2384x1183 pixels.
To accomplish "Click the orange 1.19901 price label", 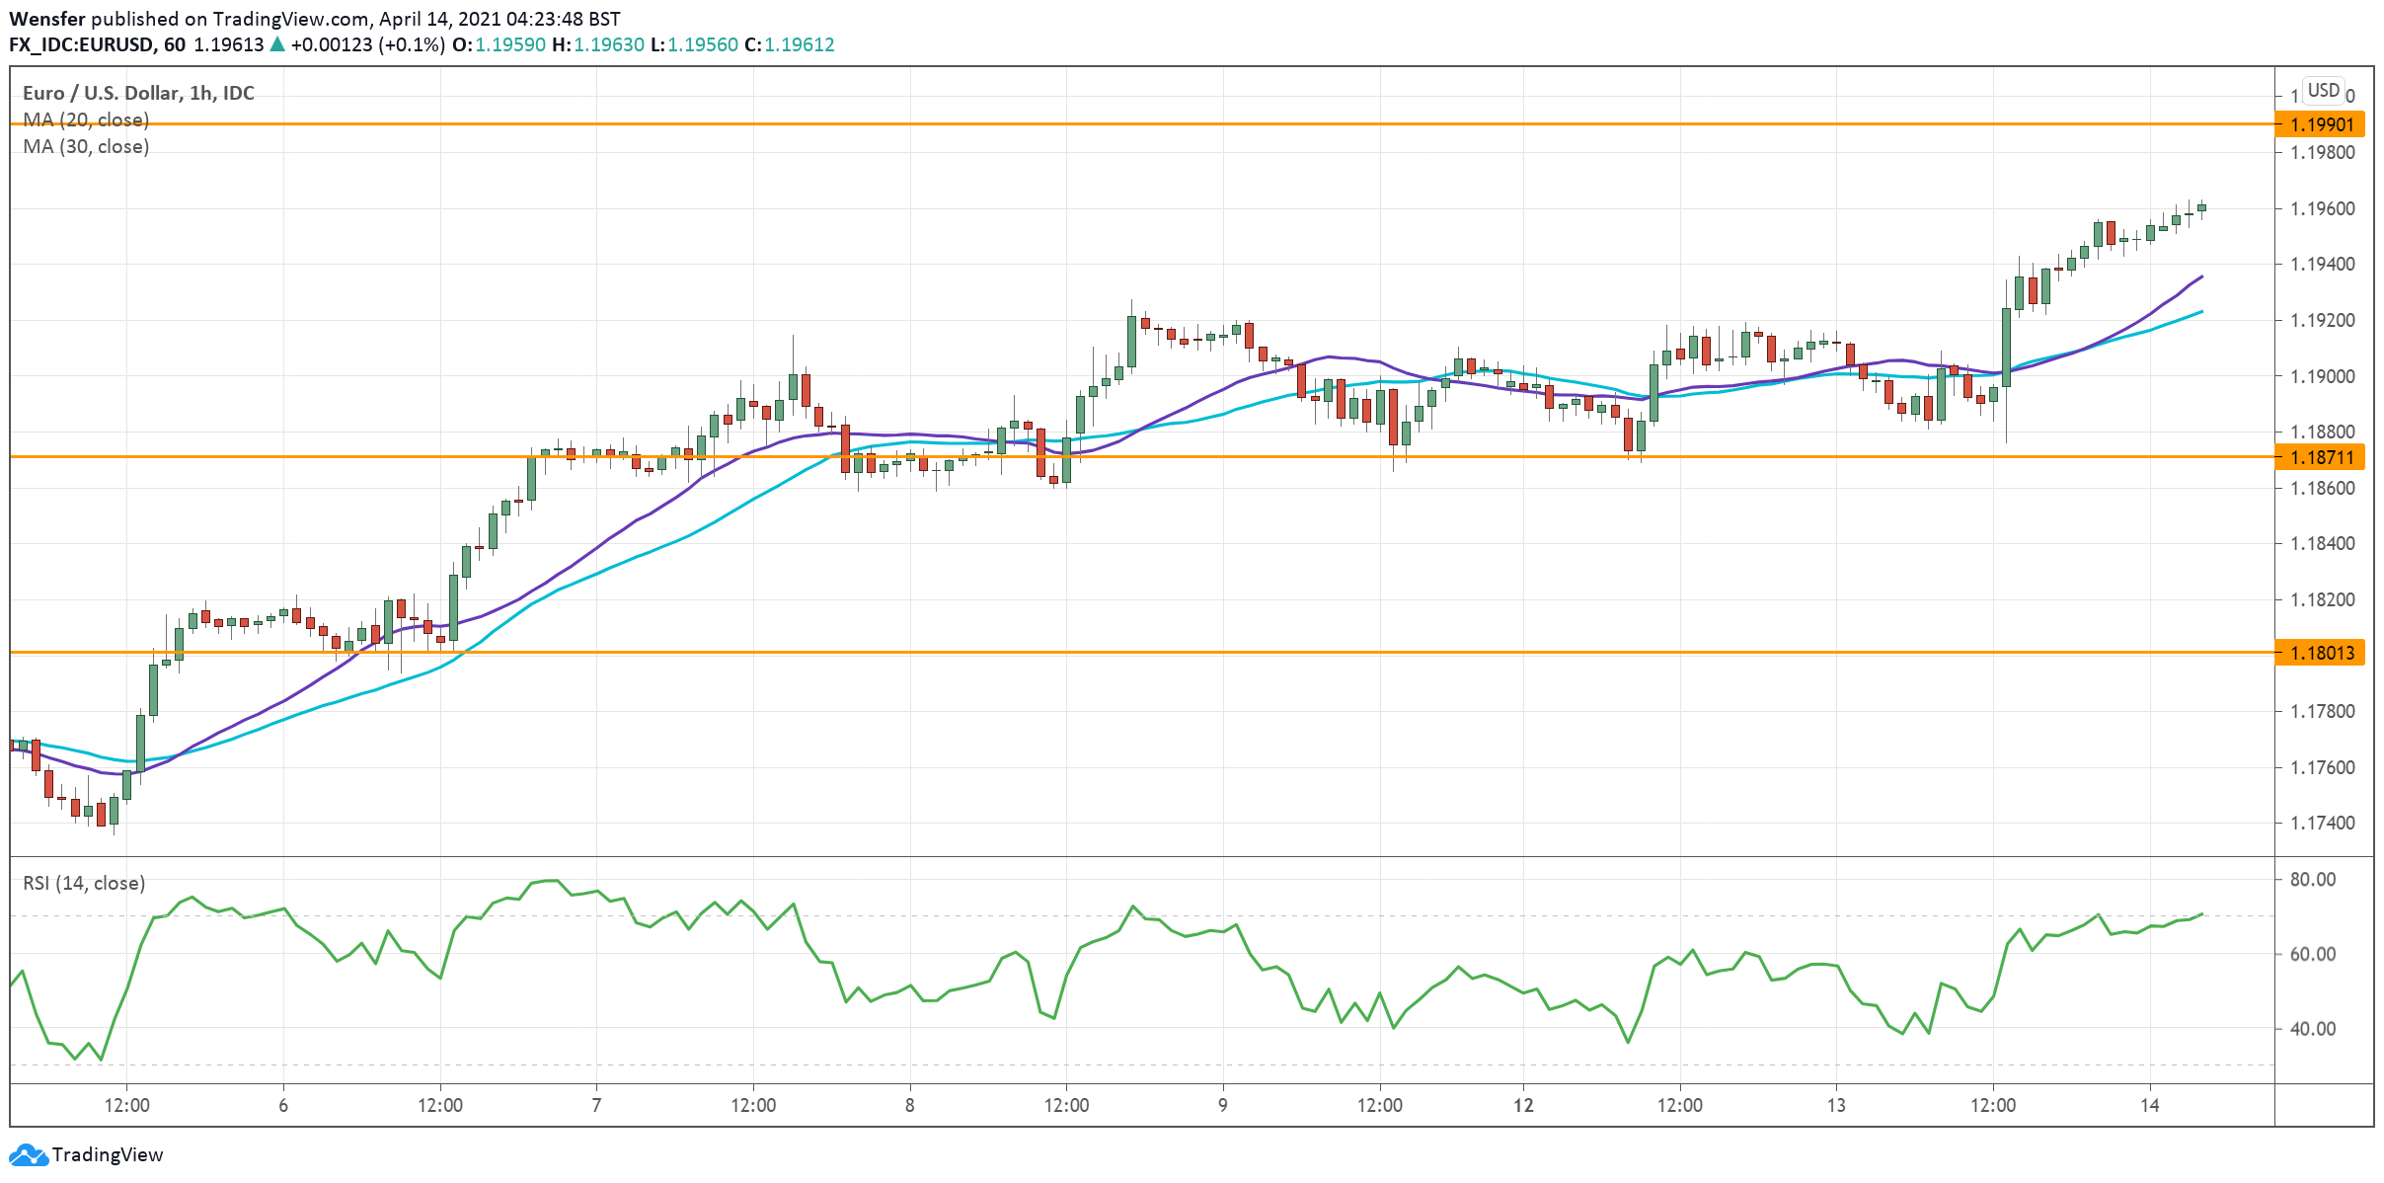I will (x=2321, y=124).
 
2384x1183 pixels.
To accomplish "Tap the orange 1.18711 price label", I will (x=2321, y=457).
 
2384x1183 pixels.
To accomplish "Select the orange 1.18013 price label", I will (x=2321, y=653).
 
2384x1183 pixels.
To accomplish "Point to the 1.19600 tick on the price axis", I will (x=2322, y=209).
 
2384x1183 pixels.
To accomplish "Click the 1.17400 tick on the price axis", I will (x=2322, y=824).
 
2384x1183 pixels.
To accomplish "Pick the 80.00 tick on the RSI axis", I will (x=2312, y=880).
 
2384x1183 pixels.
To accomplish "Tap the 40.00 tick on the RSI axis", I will (x=2312, y=1029).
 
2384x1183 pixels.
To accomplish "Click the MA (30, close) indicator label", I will (x=86, y=147).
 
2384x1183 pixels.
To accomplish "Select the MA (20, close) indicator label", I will (x=86, y=120).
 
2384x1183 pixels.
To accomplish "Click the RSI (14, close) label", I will (x=84, y=883).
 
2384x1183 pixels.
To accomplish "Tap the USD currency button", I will (x=2323, y=91).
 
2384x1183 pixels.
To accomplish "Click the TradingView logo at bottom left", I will (x=86, y=1154).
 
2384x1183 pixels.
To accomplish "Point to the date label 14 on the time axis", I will (x=2149, y=1105).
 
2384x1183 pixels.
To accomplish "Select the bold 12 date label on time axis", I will (x=1523, y=1105).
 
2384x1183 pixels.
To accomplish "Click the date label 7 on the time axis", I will (x=596, y=1105).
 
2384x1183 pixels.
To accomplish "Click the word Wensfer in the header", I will (x=46, y=19).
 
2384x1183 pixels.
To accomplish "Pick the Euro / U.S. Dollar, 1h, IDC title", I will (x=138, y=93).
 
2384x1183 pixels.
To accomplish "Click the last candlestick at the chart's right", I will (x=2201, y=208).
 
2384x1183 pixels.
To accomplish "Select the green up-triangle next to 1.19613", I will (x=277, y=44).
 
